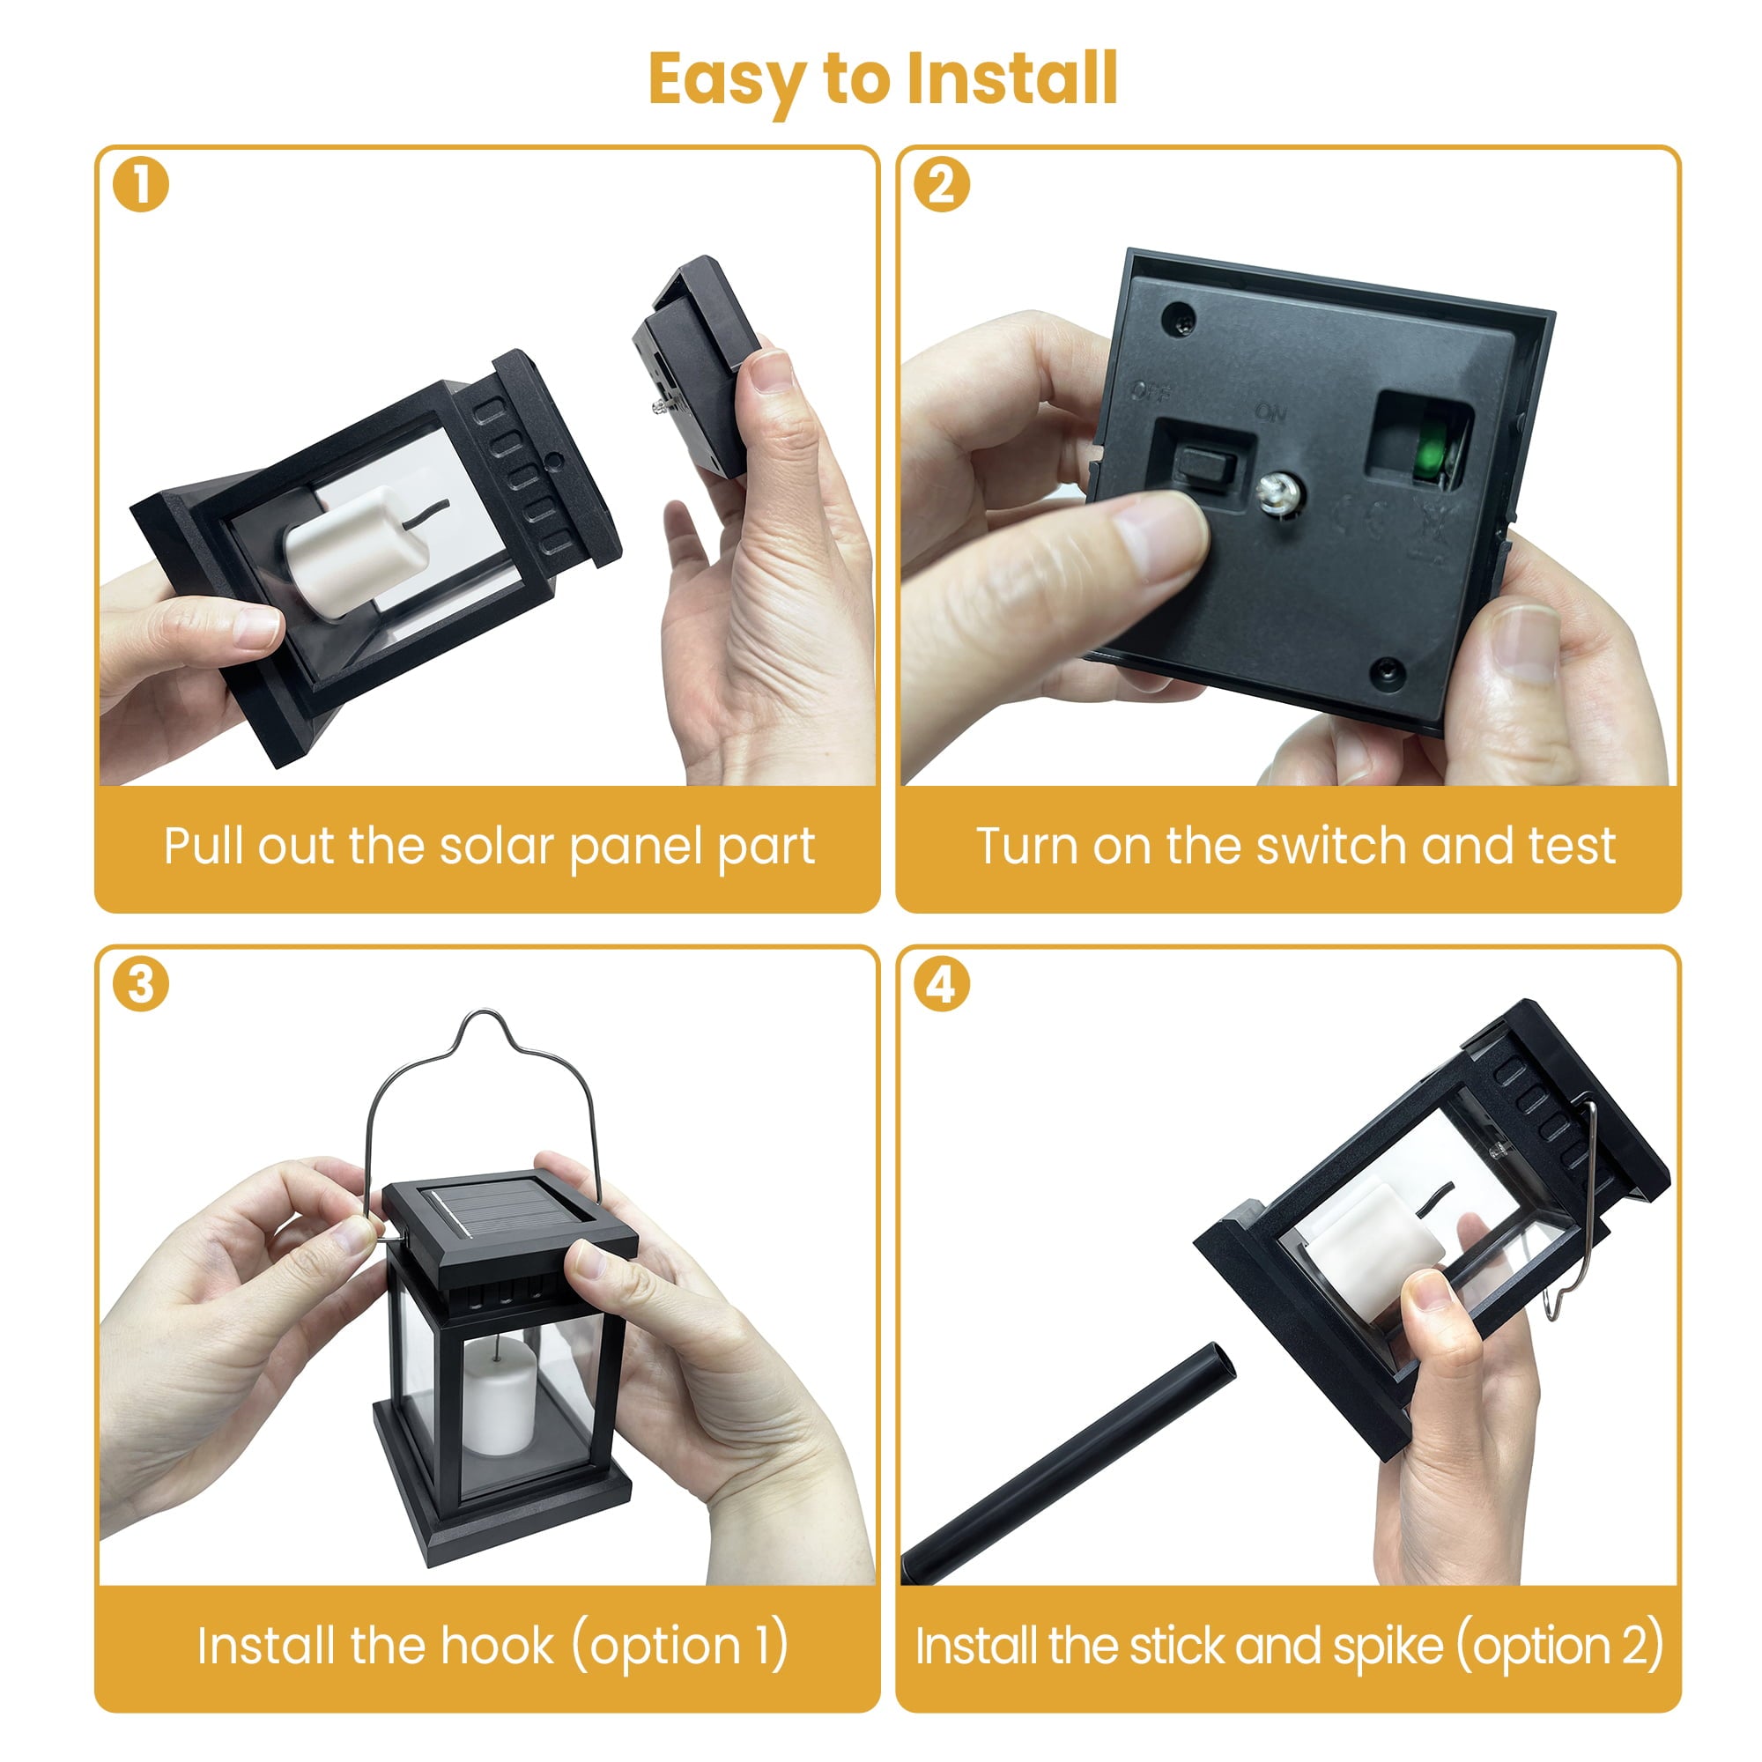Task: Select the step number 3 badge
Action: [140, 985]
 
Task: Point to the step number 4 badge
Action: [941, 985]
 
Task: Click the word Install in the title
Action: [1012, 78]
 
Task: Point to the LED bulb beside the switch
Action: [1277, 493]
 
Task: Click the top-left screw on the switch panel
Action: [1178, 320]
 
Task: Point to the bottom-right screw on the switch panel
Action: [1388, 673]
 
